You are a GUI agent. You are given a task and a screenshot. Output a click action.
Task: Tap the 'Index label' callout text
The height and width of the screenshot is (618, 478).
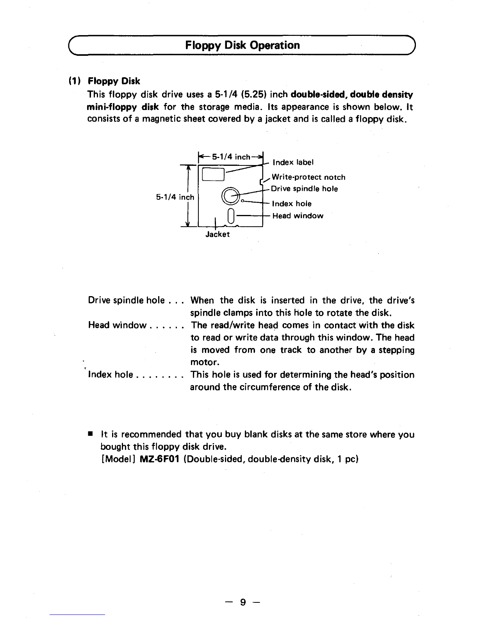[293, 162]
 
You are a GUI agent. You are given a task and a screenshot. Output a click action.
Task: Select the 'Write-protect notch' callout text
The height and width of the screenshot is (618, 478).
[309, 178]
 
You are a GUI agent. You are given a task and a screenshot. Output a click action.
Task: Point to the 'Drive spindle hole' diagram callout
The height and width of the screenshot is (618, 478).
[304, 189]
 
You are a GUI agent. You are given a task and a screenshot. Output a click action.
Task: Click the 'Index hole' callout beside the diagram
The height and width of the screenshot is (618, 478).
[292, 204]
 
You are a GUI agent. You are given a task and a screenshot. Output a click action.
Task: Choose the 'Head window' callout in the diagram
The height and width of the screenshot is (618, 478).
[298, 216]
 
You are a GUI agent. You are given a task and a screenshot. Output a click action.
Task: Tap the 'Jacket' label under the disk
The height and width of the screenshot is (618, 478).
[218, 234]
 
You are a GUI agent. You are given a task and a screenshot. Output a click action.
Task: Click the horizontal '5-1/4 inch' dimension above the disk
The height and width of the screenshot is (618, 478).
[231, 157]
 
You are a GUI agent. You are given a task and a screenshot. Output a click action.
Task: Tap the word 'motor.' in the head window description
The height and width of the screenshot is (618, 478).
[202, 362]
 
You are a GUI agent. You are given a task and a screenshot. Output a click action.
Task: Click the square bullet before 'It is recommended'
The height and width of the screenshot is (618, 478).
[90, 434]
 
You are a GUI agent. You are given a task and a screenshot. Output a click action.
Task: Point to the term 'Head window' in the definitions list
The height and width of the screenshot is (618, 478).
[117, 325]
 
